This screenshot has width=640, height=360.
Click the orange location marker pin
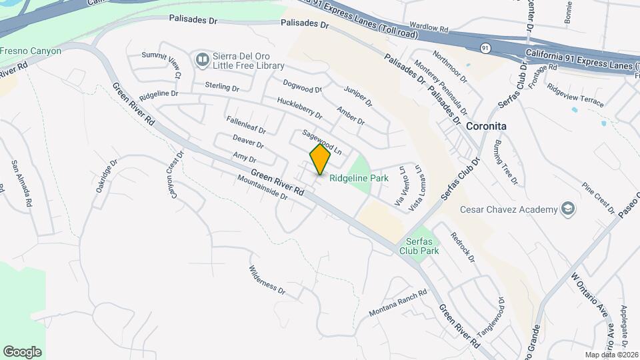[320, 159]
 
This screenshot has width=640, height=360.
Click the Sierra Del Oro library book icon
[202, 61]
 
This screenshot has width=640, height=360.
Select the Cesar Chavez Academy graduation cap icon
[567, 209]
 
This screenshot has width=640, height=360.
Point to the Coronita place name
[486, 126]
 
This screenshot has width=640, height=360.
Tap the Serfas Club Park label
[419, 246]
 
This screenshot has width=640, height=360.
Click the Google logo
[22, 351]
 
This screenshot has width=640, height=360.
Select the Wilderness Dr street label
[267, 281]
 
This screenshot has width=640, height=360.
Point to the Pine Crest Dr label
[598, 198]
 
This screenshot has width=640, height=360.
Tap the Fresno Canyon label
[31, 51]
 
